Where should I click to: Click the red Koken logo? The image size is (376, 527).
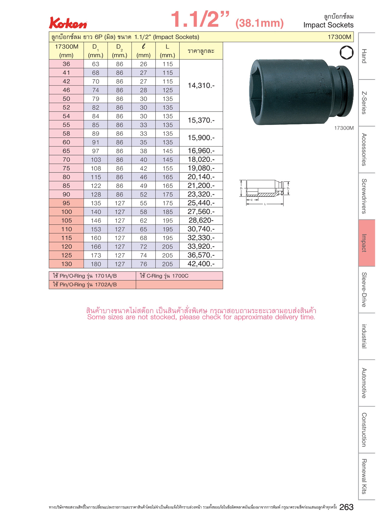tap(68, 23)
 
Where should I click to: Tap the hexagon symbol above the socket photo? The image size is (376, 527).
tap(346, 53)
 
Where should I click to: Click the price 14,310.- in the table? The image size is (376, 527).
tap(201, 85)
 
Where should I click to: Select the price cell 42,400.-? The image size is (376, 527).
tap(201, 264)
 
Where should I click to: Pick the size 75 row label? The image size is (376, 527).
tap(66, 168)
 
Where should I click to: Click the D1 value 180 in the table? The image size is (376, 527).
tap(96, 264)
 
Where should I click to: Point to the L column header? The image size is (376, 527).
tap(167, 51)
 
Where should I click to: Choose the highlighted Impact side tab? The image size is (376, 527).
tap(367, 243)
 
